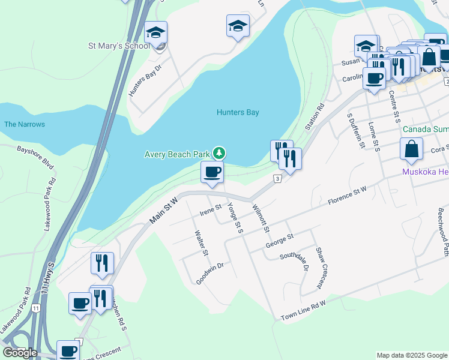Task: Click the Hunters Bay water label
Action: [x=238, y=112]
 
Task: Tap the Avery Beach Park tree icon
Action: [x=220, y=154]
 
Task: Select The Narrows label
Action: [x=25, y=124]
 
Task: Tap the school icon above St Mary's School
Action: [x=155, y=33]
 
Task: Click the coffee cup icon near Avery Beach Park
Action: [x=211, y=173]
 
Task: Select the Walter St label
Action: [x=201, y=243]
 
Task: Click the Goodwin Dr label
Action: [x=209, y=273]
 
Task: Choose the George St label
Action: [x=279, y=241]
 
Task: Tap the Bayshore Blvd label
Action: [x=35, y=157]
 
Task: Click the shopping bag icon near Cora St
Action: [x=411, y=149]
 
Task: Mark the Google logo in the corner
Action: [x=19, y=353]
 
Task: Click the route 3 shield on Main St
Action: [x=277, y=178]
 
